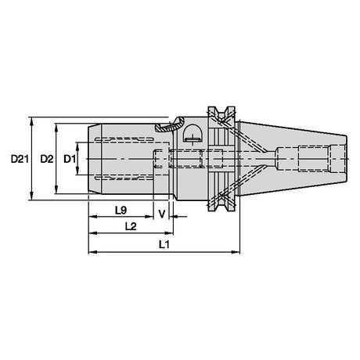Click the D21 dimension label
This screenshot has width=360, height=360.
click(20, 159)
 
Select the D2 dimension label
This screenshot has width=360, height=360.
click(47, 159)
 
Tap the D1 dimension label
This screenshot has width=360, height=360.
click(70, 159)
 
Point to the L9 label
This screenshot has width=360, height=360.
click(121, 211)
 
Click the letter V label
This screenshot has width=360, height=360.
click(162, 214)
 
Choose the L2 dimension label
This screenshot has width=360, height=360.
click(131, 226)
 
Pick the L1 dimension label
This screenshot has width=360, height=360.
click(164, 244)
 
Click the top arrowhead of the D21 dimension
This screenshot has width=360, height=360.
click(31, 121)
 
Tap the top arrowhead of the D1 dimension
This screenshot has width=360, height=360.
click(77, 146)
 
